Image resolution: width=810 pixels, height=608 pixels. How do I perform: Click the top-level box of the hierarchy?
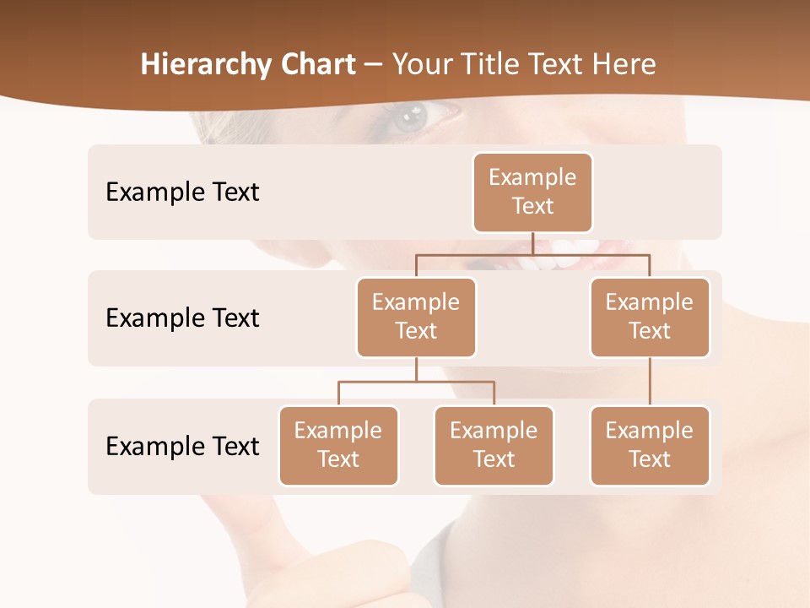pyautogui.click(x=532, y=192)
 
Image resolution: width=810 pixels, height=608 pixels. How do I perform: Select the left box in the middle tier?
pyautogui.click(x=416, y=317)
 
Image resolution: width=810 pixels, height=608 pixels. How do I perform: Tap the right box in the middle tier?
pyautogui.click(x=650, y=317)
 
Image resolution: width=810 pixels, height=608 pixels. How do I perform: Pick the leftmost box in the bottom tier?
pyautogui.click(x=338, y=445)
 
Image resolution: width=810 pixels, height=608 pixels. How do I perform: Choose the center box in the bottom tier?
pyautogui.click(x=494, y=445)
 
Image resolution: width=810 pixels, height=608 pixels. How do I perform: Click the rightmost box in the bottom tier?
pyautogui.click(x=650, y=445)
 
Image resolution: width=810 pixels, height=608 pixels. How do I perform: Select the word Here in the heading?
pyautogui.click(x=624, y=64)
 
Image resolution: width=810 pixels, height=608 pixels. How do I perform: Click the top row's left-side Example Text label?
pyautogui.click(x=182, y=192)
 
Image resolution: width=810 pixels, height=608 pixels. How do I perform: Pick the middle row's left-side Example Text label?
pyautogui.click(x=182, y=318)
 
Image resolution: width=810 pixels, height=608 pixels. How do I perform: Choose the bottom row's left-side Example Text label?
pyautogui.click(x=182, y=446)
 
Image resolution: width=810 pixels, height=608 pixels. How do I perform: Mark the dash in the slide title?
pyautogui.click(x=374, y=64)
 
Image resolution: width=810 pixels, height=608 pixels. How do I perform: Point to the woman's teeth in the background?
pyautogui.click(x=574, y=250)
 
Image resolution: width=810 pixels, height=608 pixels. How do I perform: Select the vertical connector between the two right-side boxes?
pyautogui.click(x=650, y=382)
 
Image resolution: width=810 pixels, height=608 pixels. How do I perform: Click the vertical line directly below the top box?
pyautogui.click(x=532, y=243)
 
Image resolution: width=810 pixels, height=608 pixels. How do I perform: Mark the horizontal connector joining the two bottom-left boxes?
pyautogui.click(x=416, y=382)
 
